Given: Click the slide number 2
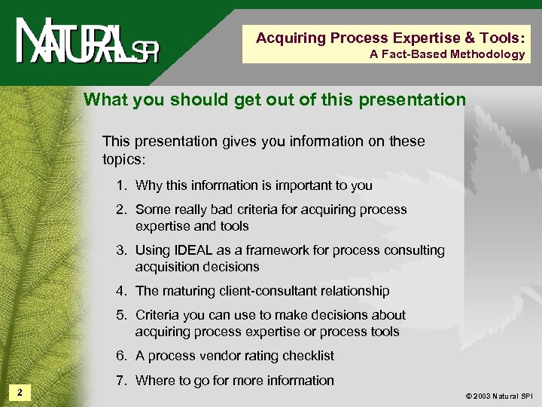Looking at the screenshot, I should click(x=20, y=392).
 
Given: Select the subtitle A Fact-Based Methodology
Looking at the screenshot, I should click(x=447, y=54).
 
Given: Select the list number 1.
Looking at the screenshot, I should click(x=120, y=185).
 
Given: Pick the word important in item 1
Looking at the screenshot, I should click(x=310, y=185).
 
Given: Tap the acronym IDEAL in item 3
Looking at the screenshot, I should click(x=194, y=250).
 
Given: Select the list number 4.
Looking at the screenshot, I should click(x=120, y=291).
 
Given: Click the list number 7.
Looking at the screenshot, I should click(x=120, y=381).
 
